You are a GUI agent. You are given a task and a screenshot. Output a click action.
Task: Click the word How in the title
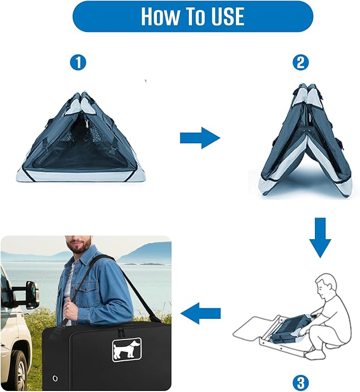click(160, 16)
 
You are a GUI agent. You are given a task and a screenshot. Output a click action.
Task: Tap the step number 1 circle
click(78, 63)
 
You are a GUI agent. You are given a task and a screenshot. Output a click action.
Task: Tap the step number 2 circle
click(301, 63)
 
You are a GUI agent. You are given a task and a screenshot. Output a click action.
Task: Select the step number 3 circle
click(301, 382)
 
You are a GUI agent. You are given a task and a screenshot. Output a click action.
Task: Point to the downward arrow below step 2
click(320, 237)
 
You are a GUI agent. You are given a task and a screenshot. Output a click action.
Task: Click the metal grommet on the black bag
click(55, 378)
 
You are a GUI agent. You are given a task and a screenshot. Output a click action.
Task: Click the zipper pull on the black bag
click(120, 332)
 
